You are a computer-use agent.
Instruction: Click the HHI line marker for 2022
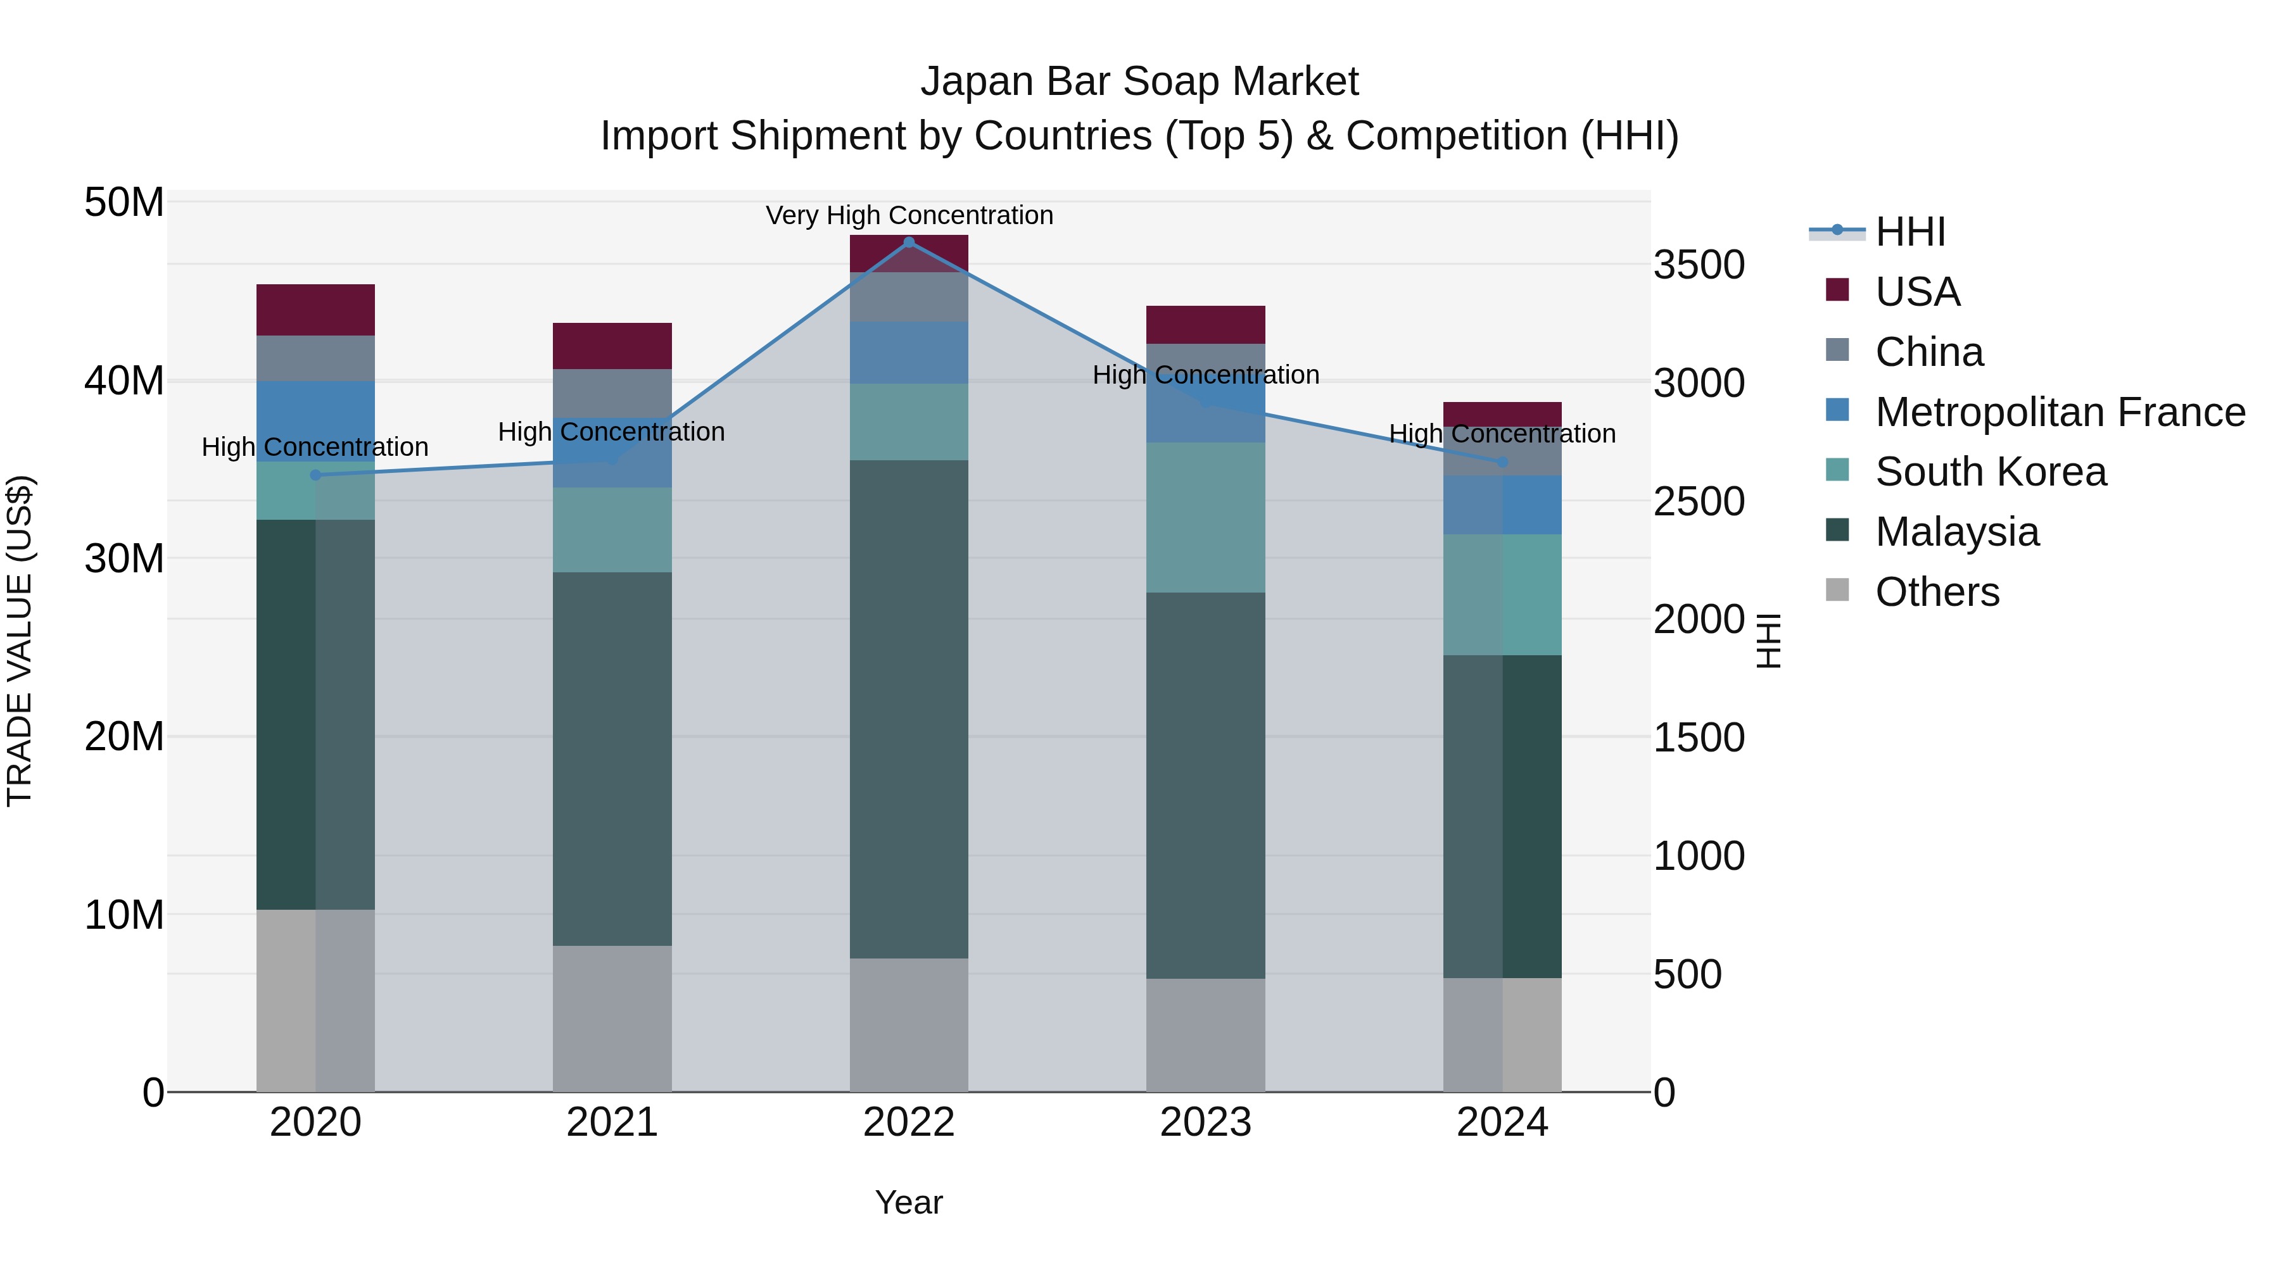tap(908, 242)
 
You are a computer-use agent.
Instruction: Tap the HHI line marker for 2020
tap(315, 475)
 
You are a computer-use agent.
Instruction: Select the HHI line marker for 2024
tap(1502, 462)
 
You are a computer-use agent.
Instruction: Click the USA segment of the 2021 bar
tap(612, 346)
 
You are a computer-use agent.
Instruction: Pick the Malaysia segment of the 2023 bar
tap(1205, 785)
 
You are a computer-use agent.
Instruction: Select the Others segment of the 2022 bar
tap(908, 1024)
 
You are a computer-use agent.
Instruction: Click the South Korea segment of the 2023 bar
tap(1205, 518)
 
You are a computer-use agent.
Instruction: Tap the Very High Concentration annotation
tap(909, 215)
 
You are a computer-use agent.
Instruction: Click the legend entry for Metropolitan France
tap(2060, 412)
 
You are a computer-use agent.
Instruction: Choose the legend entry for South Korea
tap(1991, 472)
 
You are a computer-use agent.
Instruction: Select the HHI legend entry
tap(1910, 232)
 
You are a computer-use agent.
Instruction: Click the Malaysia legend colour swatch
tap(1837, 531)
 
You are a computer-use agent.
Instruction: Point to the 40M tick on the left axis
tap(124, 381)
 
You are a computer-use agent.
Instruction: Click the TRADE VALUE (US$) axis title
tap(20, 641)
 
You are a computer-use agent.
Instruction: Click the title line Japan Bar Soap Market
tap(1139, 82)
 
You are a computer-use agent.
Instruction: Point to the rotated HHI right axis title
tap(1768, 641)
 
